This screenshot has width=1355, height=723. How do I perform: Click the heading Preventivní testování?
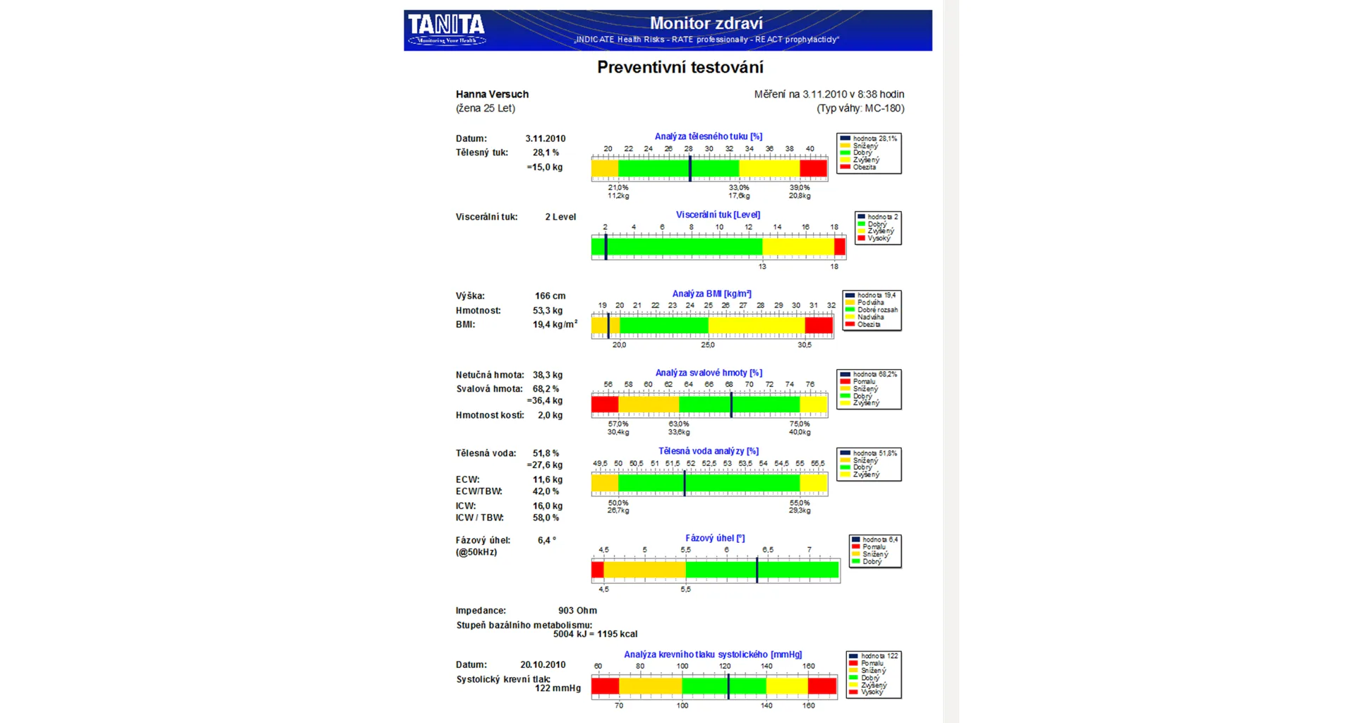tap(680, 67)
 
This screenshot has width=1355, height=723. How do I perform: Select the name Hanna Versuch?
tap(492, 94)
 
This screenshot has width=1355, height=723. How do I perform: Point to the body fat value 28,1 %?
tap(546, 153)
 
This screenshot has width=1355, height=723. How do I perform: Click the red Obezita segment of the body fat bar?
tap(813, 169)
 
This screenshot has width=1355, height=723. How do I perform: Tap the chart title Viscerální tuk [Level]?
tap(718, 215)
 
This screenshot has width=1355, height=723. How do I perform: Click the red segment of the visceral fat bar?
tap(839, 246)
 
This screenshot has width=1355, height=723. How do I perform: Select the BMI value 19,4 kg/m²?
tap(554, 325)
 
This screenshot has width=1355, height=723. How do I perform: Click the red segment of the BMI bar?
tap(819, 325)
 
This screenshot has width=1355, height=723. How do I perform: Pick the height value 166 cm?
tap(550, 296)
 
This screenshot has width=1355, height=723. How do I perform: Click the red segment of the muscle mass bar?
tap(605, 405)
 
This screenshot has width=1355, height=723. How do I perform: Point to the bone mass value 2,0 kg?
tap(550, 415)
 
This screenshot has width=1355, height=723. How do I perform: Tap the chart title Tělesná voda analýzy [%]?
tap(709, 451)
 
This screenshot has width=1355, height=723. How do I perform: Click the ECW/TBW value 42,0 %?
tap(546, 491)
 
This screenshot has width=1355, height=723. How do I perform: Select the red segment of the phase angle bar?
tap(598, 569)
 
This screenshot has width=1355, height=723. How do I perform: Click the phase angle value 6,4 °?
tap(546, 540)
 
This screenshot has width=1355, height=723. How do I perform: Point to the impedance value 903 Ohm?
tap(577, 611)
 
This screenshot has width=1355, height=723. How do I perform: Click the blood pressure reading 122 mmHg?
tap(558, 688)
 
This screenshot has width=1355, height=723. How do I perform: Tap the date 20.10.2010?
tap(543, 664)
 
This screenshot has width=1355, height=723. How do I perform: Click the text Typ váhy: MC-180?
tap(860, 108)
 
